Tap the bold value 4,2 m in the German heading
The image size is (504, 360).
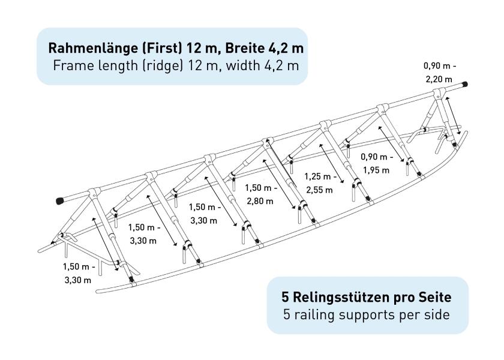[286, 48]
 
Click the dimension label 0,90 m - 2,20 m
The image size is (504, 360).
[439, 73]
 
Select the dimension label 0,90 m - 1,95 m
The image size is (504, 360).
[376, 164]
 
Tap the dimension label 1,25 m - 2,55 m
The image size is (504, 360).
[320, 183]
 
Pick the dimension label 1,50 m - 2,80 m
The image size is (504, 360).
[260, 194]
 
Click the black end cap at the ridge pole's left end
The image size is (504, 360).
[60, 201]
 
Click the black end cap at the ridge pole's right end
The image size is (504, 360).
[464, 85]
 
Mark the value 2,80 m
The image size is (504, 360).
[260, 201]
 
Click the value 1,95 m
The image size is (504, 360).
[376, 170]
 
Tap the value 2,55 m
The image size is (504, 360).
[319, 190]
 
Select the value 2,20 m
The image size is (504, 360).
[439, 79]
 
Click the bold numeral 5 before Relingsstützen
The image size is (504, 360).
[286, 298]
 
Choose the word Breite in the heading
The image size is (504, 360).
[244, 48]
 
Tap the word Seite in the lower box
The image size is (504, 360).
[435, 298]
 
